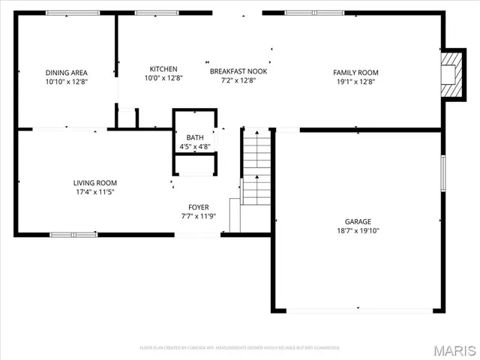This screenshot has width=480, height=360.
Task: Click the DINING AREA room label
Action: (x=66, y=73)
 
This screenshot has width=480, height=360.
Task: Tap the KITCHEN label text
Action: (x=163, y=68)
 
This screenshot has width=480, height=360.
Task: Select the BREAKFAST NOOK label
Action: (x=238, y=71)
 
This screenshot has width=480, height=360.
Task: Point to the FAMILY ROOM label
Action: (x=356, y=73)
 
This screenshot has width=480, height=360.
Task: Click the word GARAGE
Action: (x=358, y=221)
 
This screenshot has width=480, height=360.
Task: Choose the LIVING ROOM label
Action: (x=95, y=182)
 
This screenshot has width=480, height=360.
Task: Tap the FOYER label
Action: (x=198, y=207)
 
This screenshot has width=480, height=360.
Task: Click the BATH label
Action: (x=194, y=137)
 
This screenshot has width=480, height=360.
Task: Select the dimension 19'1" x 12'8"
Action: (x=356, y=82)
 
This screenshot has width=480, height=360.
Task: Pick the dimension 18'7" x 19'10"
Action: (x=358, y=231)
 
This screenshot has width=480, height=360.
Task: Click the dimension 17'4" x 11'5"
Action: (x=95, y=192)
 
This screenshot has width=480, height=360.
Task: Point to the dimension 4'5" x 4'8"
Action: (x=194, y=147)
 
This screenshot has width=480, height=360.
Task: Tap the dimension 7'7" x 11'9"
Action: (x=198, y=217)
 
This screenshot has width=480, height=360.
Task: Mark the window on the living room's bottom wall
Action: (x=73, y=235)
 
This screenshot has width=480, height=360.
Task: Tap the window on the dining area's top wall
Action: (x=67, y=13)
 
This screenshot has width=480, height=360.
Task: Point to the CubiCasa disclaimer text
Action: (x=239, y=348)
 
